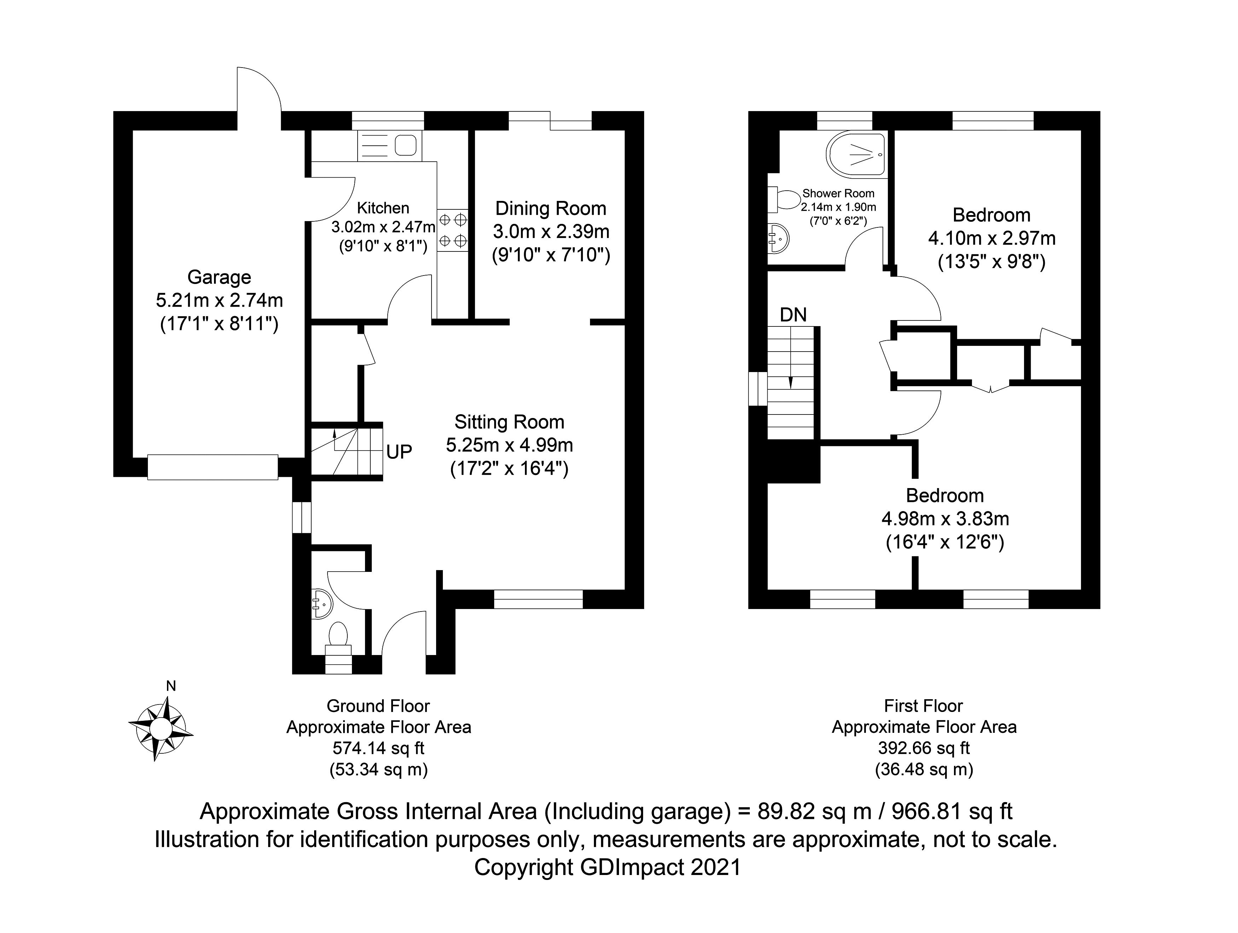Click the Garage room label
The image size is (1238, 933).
pos(219,277)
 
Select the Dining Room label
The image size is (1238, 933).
pos(551,209)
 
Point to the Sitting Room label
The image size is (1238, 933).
pos(509,422)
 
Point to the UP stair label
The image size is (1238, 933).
pos(399,452)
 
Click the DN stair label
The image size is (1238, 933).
pos(793,315)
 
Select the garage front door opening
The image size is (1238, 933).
pos(213,467)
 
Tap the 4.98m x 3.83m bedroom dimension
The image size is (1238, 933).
pos(945,519)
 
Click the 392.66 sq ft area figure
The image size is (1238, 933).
pos(924,748)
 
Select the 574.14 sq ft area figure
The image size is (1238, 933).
pos(379,748)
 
